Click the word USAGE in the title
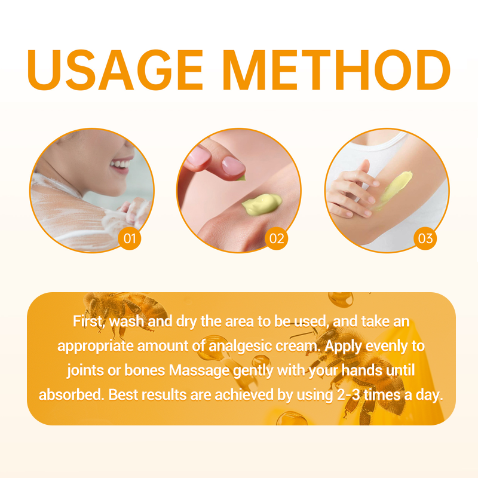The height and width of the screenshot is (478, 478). coord(115,70)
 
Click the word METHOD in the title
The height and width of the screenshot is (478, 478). coord(336,70)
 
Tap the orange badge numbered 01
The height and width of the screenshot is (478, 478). coord(130,238)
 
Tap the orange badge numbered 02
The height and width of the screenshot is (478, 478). coord(277,238)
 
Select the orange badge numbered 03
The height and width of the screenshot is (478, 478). coord(425,238)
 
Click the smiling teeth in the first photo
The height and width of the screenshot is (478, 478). coord(121,164)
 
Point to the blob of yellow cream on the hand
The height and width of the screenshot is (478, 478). coord(262,204)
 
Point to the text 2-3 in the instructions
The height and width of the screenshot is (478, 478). coord(348,395)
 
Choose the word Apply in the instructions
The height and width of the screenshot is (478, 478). coord(343,347)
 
